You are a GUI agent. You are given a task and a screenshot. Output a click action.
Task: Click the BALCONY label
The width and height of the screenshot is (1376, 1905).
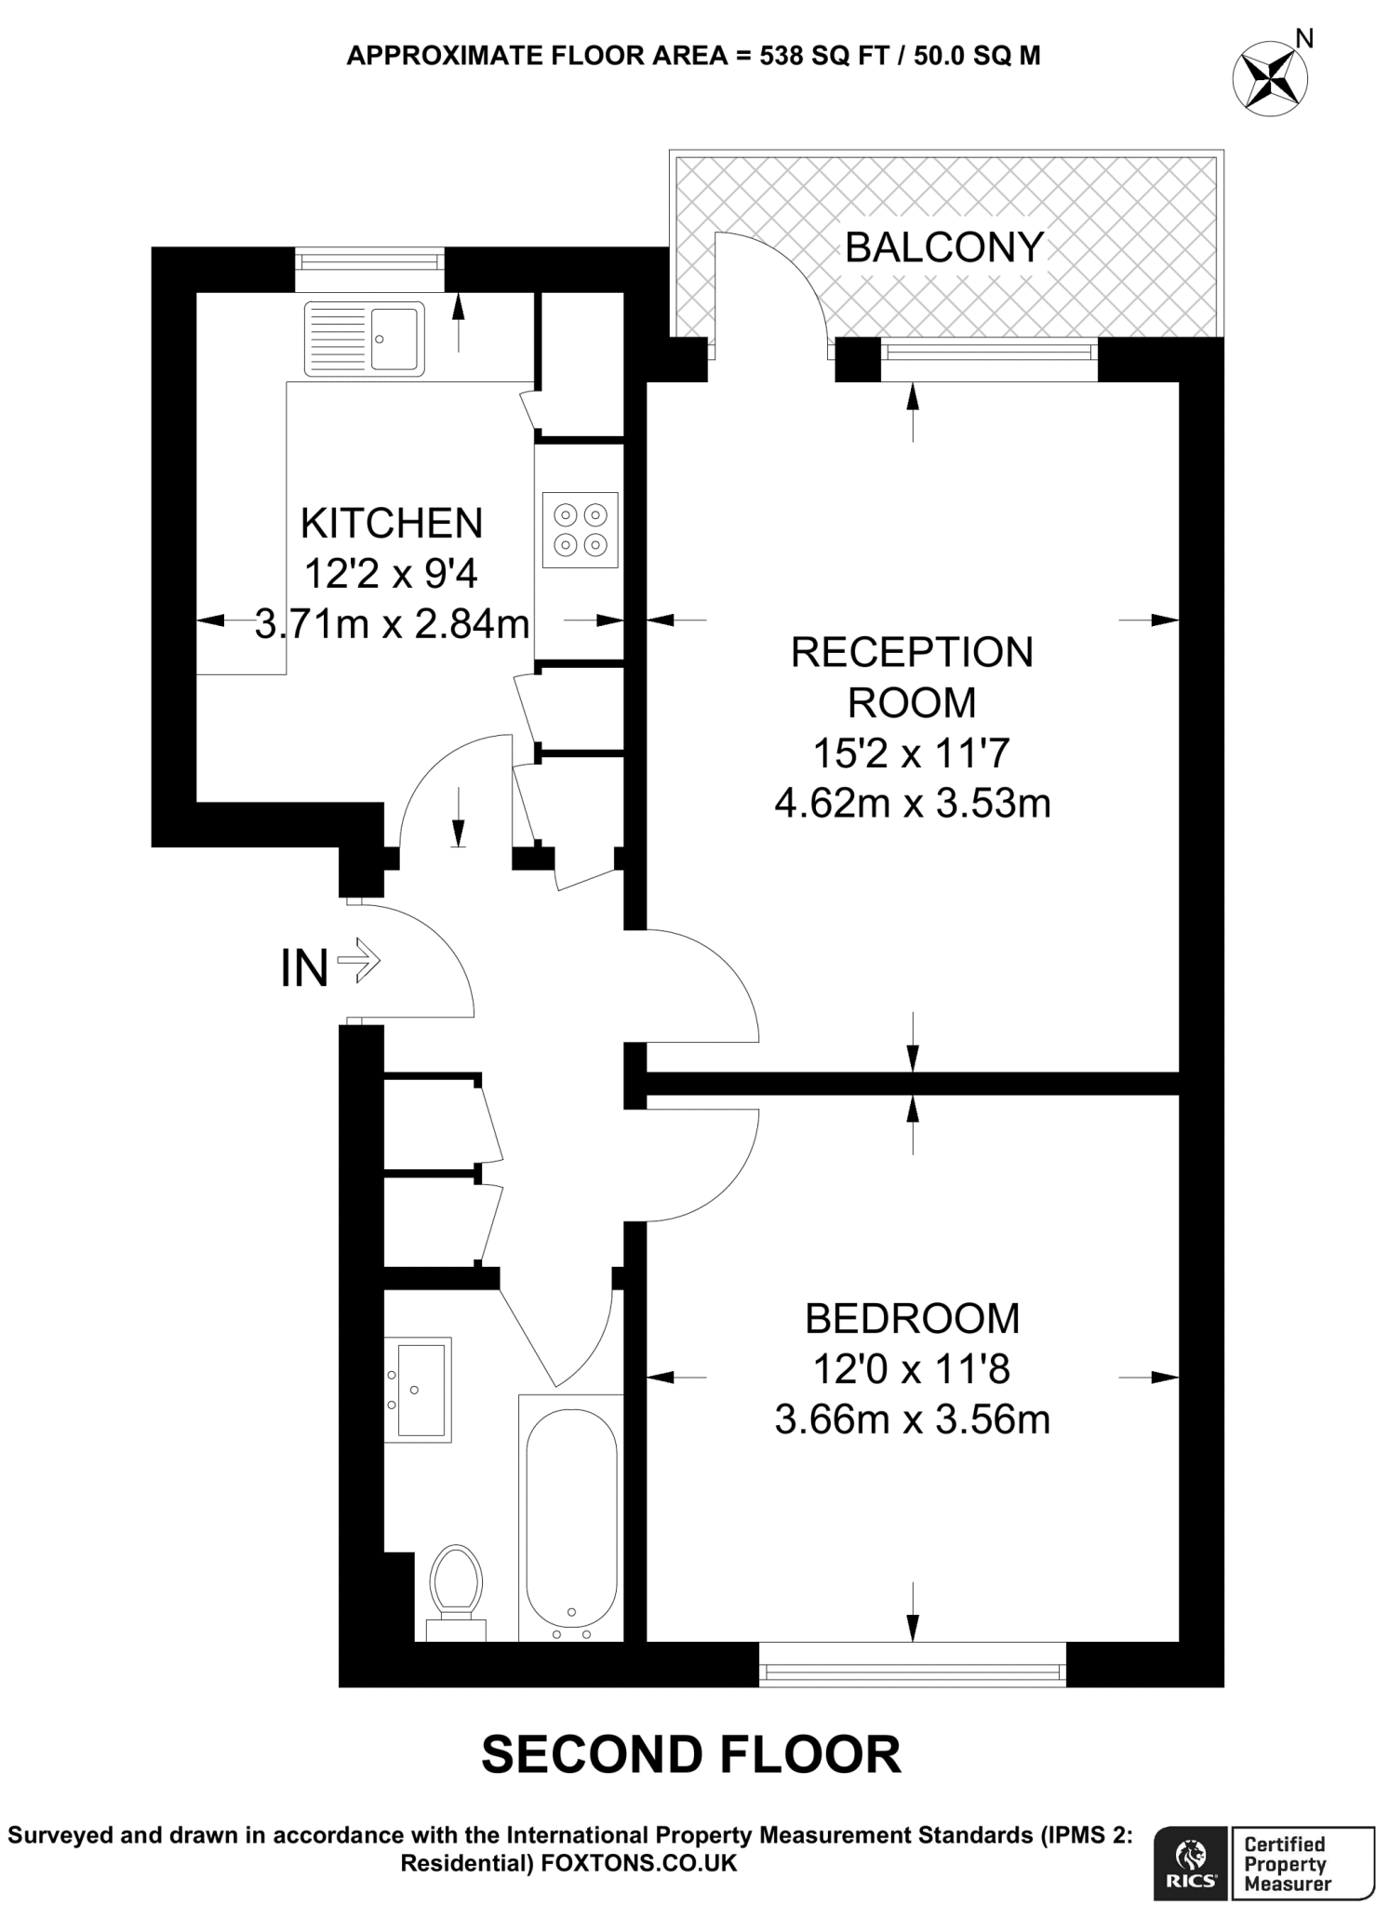943,247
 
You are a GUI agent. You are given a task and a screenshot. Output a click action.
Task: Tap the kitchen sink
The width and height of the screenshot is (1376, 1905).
364,338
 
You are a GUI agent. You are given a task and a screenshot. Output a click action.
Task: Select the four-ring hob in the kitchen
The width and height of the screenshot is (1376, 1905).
581,529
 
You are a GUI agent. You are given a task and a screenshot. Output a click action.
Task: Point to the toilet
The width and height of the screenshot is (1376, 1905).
456,1591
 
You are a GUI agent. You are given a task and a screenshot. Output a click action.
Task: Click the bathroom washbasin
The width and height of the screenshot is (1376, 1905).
419,1390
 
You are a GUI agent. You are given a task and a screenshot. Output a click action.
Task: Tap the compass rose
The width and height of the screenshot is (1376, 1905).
1269,80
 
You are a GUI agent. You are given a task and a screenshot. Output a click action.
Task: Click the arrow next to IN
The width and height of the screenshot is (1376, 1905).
359,960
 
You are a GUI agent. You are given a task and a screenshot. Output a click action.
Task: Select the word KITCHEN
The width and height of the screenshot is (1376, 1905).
392,524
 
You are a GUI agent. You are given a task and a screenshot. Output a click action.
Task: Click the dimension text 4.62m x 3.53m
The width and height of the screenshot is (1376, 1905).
912,802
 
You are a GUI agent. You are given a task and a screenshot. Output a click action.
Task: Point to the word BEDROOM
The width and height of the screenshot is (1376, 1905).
912,1318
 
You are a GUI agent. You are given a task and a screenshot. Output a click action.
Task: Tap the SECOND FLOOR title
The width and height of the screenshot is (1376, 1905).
690,1754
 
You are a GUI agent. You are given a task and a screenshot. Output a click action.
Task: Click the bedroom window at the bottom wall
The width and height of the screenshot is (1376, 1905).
912,1673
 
